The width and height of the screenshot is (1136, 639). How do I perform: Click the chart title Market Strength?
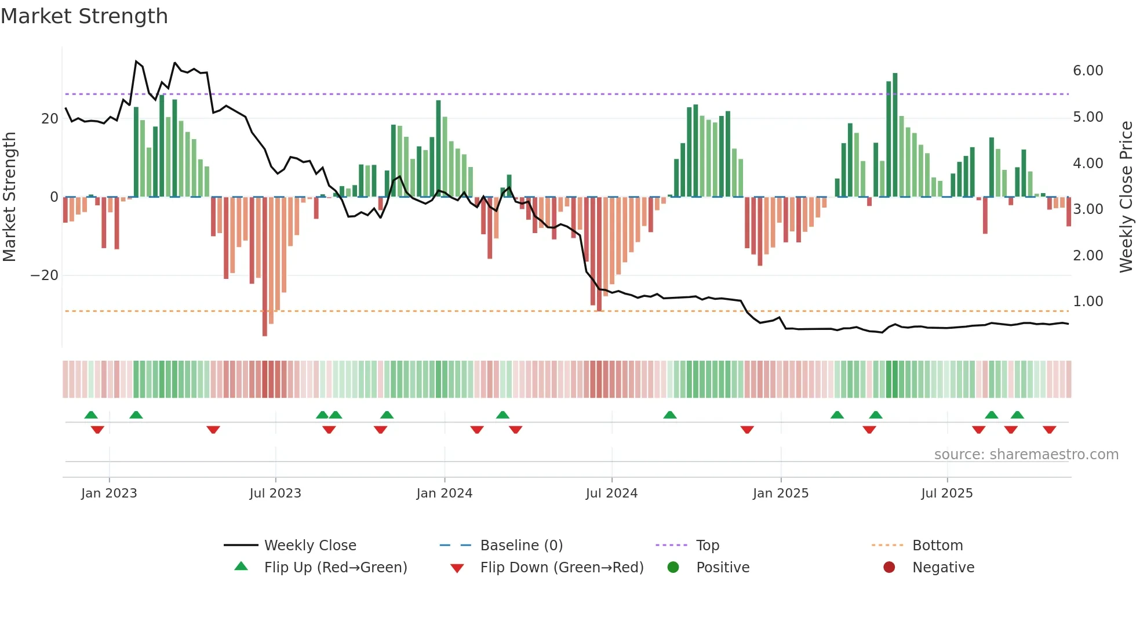pos(84,16)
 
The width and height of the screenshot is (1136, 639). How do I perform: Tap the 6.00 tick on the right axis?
pos(1087,71)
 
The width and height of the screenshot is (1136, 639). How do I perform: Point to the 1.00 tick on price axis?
pos(1087,302)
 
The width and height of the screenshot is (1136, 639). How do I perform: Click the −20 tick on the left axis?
pos(45,275)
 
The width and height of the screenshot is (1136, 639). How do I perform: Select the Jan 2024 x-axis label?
pos(444,493)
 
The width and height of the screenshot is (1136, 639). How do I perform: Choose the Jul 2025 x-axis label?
pos(946,493)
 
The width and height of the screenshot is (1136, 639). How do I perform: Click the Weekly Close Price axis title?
pos(1126,197)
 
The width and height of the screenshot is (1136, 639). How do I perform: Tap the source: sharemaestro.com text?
pos(1026,455)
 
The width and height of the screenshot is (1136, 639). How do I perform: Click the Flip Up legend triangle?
pos(241,567)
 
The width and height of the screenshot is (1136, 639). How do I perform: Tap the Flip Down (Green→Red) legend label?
pos(562,568)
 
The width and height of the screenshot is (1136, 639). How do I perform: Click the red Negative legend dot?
pos(889,568)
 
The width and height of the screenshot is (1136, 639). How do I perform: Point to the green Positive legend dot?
pos(673,568)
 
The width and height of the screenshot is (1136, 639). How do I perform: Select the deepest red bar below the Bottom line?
pos(265,267)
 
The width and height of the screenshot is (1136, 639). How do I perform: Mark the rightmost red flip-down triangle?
pos(1049,430)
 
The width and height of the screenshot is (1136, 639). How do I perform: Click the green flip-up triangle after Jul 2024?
pos(669,415)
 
